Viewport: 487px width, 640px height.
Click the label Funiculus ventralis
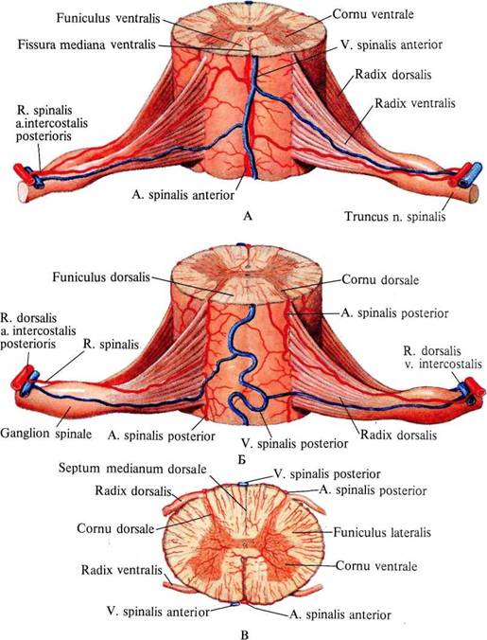(x=109, y=18)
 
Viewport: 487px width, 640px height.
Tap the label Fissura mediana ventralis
(x=87, y=44)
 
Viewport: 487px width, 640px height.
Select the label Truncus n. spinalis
(x=395, y=216)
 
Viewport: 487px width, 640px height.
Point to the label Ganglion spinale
(x=46, y=433)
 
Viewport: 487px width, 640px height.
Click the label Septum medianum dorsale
(x=132, y=468)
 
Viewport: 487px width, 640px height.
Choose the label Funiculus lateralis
(x=382, y=533)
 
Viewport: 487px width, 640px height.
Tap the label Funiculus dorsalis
(x=101, y=277)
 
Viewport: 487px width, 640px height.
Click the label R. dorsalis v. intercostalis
(x=443, y=357)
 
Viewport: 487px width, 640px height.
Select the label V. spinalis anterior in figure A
(x=391, y=44)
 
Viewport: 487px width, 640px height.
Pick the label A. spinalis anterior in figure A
(x=183, y=195)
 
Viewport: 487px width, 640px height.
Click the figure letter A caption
(x=248, y=216)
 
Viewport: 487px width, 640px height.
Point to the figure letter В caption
(x=245, y=634)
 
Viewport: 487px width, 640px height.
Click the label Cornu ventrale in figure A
(x=374, y=14)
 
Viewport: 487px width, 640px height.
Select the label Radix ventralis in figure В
(x=121, y=570)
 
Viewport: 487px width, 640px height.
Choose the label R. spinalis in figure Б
(x=112, y=344)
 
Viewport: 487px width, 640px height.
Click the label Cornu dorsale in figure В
(x=115, y=528)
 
